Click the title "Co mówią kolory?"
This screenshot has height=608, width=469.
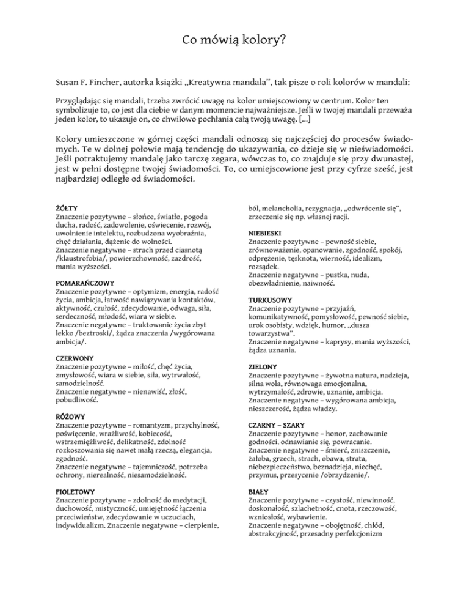234,42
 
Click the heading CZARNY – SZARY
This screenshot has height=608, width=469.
278,425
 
